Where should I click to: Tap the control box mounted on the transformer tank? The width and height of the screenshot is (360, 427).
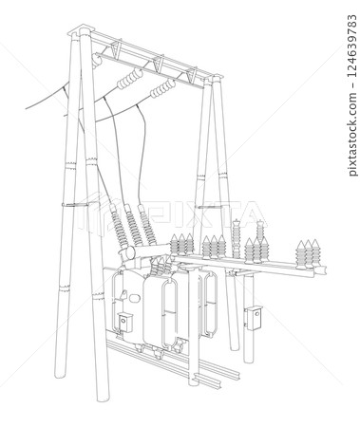[125, 322]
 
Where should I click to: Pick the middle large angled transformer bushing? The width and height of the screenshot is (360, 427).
[133, 226]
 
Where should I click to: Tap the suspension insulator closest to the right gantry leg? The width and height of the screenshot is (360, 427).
[162, 91]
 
